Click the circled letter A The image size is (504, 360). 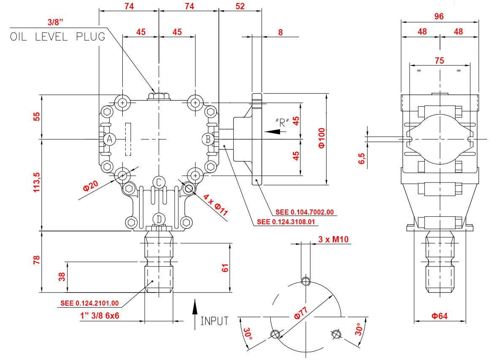point(109,139)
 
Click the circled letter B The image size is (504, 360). point(208,139)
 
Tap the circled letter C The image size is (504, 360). point(159,182)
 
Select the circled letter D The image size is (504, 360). point(159,219)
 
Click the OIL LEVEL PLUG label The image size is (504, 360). point(57,37)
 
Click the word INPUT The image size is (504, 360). point(214,321)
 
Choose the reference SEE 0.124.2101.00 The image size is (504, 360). point(89,303)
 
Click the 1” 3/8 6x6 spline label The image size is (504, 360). point(100,315)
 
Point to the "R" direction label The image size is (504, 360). point(282,123)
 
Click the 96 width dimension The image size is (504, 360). point(439,16)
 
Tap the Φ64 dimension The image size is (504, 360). point(439,316)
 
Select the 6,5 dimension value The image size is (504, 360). point(361,159)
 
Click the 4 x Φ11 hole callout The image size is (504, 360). point(216,205)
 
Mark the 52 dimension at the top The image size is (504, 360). point(240,6)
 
